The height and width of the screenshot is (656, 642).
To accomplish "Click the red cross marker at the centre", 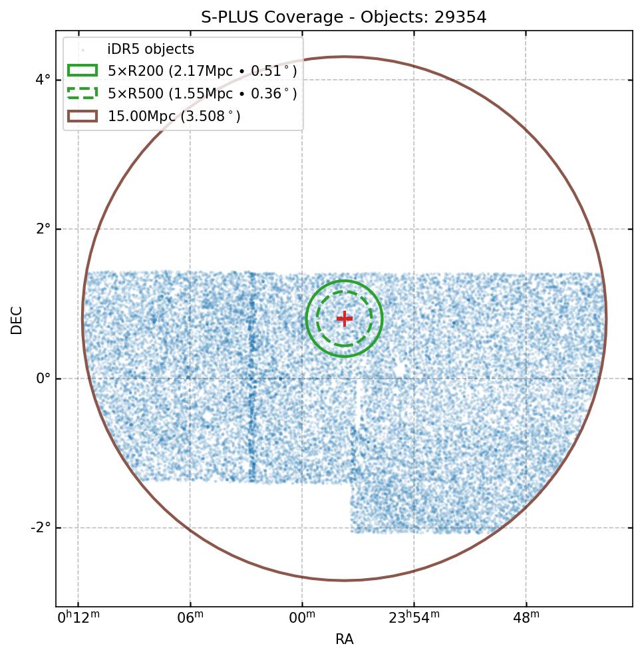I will (x=344, y=319).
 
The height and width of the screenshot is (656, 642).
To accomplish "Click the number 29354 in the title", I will (x=460, y=17).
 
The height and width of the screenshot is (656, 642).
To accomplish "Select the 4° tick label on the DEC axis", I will (x=43, y=80).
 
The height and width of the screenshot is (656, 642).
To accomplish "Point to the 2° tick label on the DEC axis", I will (x=43, y=229).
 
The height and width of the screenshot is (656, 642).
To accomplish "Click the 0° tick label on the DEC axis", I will (x=43, y=379).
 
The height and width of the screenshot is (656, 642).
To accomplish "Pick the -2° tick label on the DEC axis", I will (x=41, y=528).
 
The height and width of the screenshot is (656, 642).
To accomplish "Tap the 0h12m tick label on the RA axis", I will (x=78, y=617).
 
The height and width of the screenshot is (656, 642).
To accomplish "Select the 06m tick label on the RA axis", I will (x=190, y=617).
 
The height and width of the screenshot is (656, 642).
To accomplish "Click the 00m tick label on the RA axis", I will (x=302, y=617).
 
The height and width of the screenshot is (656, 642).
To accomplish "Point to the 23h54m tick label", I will (x=413, y=617).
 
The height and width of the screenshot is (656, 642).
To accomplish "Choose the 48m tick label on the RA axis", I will (x=526, y=617).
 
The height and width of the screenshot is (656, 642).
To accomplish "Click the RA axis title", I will (x=344, y=639).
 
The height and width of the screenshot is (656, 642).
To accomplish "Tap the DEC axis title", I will (x=16, y=319).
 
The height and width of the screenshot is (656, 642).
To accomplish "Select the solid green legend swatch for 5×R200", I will (x=82, y=71).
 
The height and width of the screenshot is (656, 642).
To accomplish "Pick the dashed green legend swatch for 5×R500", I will (x=82, y=94).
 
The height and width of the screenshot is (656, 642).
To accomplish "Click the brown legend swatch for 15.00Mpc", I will (x=82, y=116).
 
